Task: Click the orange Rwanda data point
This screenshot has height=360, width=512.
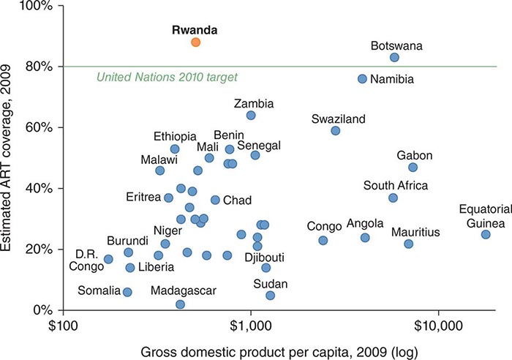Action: [195, 42]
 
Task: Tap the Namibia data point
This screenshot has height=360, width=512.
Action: [362, 78]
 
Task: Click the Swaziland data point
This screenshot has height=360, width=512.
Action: [335, 130]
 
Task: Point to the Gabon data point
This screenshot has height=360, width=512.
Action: [413, 168]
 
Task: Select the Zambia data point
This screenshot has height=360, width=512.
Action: [251, 115]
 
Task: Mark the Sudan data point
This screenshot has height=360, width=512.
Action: [270, 296]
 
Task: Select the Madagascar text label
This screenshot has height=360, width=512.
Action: [184, 290]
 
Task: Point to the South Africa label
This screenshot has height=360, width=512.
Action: [395, 186]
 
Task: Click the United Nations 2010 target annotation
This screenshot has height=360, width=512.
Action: [167, 77]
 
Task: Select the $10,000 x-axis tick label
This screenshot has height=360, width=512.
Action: [437, 322]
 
